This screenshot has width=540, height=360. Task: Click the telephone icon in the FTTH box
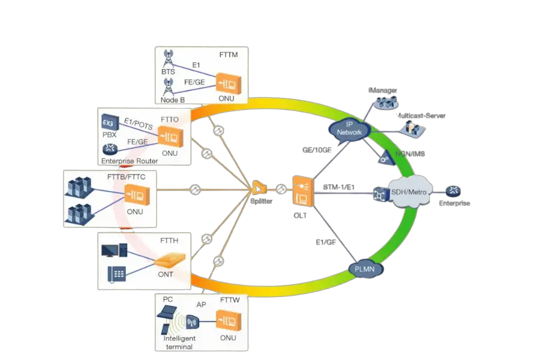[116, 274]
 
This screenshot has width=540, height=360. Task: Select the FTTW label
[231, 298]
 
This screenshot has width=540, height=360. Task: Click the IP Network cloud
[350, 128]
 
